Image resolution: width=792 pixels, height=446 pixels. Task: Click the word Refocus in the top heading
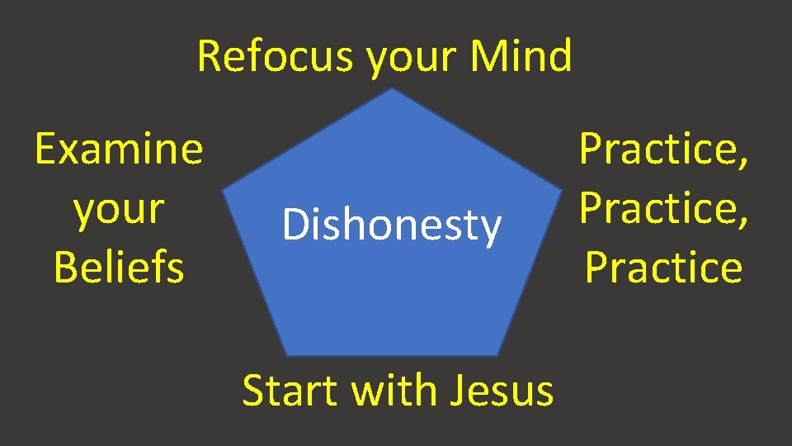tap(276, 58)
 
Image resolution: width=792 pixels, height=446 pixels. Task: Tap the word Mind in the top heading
tap(521, 58)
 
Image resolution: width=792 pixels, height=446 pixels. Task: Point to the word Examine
tap(119, 149)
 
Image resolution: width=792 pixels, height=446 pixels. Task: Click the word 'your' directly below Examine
tap(119, 211)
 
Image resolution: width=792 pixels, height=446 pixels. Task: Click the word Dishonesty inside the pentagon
tap(391, 225)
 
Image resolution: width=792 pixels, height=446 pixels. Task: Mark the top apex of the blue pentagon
tap(394, 88)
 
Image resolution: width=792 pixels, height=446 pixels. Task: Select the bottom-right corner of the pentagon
tap(500, 355)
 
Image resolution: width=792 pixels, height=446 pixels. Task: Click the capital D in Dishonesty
tap(293, 225)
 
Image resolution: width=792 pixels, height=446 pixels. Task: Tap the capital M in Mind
tap(487, 58)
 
